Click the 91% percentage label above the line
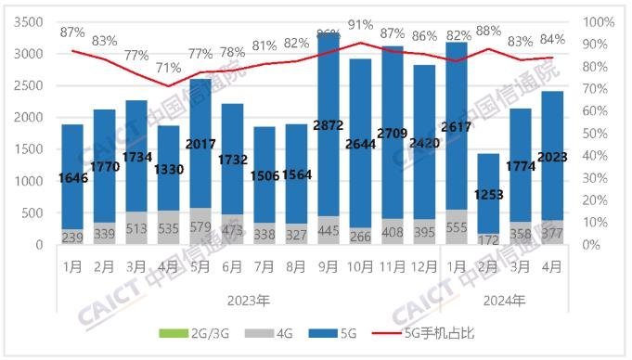[362, 25]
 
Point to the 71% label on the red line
[168, 68]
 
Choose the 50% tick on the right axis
[599, 133]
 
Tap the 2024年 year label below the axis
[503, 300]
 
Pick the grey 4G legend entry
[276, 333]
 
